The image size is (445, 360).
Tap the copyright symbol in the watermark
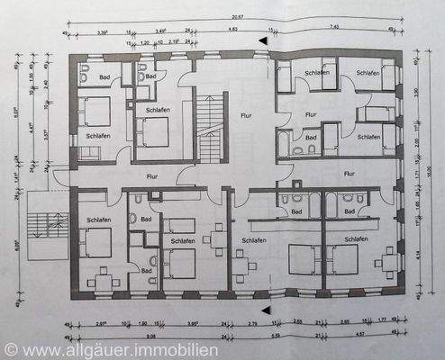pyautogui.click(x=10, y=346)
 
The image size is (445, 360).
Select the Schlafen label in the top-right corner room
pyautogui.click(x=367, y=72)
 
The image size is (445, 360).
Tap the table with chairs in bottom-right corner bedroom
pyautogui.click(x=388, y=262)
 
